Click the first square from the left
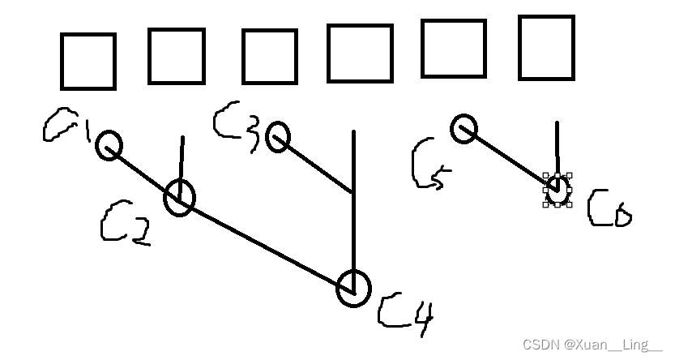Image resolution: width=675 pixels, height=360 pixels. point(88,62)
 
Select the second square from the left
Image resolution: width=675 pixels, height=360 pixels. point(176,56)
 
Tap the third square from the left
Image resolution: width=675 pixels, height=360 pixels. point(270,57)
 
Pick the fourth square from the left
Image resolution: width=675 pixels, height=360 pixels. point(360,53)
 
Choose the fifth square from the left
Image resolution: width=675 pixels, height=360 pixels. point(454,49)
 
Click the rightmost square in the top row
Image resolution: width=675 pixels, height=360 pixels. point(546,47)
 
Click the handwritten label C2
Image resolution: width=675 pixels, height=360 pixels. point(125,224)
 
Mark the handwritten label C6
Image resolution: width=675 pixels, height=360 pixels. point(609,208)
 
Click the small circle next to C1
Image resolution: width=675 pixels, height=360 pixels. point(109,146)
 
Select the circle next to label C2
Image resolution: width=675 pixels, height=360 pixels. point(180,198)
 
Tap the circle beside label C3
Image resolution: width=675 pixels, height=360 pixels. point(278,137)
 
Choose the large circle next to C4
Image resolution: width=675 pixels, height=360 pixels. point(353,288)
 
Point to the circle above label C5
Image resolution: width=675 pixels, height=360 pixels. point(464,129)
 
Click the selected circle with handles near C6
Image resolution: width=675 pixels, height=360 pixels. point(557,190)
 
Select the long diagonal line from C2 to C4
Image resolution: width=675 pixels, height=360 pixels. point(267,243)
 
